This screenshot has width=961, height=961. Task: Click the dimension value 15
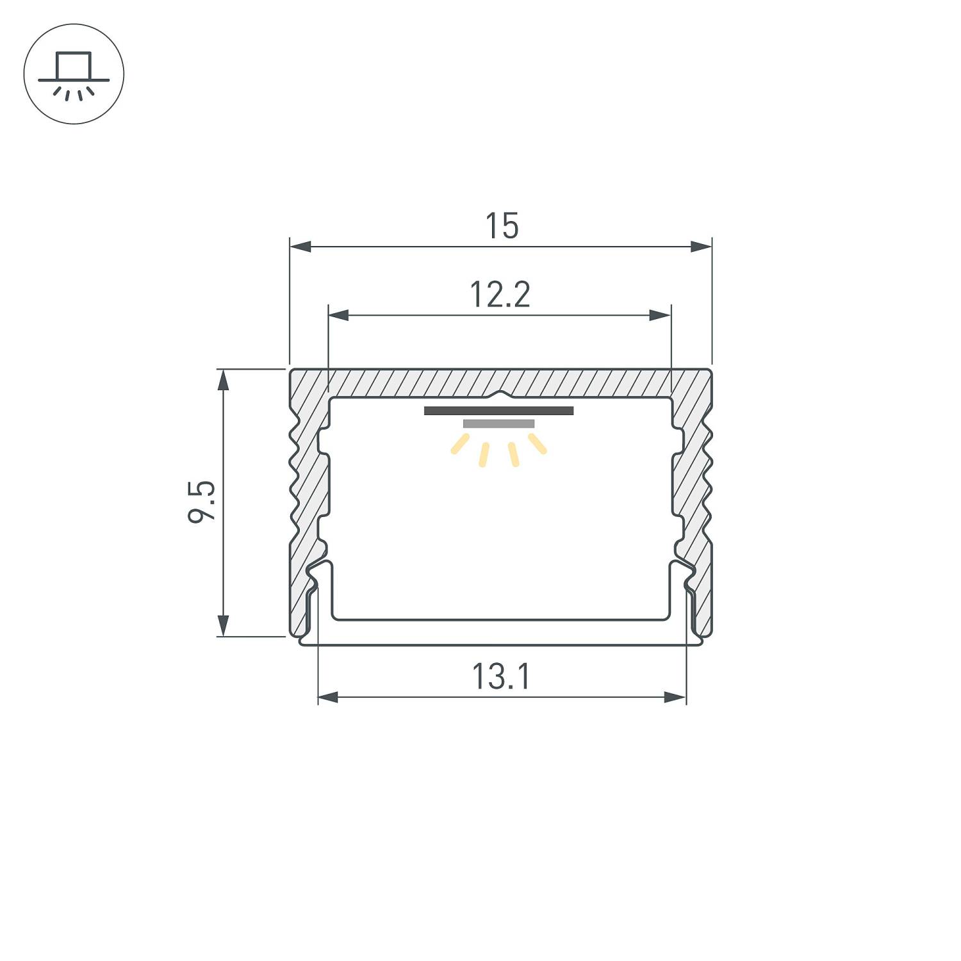[501, 226]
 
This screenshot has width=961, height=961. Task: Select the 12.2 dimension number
[500, 295]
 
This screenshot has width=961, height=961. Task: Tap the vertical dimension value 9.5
[202, 502]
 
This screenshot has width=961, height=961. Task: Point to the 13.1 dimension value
[501, 677]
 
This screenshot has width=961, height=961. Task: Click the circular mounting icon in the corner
[74, 74]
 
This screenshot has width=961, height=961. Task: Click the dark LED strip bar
[498, 411]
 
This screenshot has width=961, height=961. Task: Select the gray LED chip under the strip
[498, 423]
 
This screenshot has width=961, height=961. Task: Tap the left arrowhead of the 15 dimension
[300, 247]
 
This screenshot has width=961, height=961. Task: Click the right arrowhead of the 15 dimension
[702, 247]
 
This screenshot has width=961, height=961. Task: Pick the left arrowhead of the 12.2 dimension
[338, 315]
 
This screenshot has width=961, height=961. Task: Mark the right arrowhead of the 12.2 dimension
[661, 315]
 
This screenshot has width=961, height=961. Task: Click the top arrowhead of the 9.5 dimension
[223, 380]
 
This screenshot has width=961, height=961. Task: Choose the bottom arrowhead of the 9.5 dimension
[223, 625]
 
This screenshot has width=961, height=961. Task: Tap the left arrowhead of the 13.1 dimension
[328, 697]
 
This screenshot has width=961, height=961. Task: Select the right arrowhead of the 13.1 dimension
[676, 697]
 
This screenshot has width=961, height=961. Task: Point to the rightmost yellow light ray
[538, 443]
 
